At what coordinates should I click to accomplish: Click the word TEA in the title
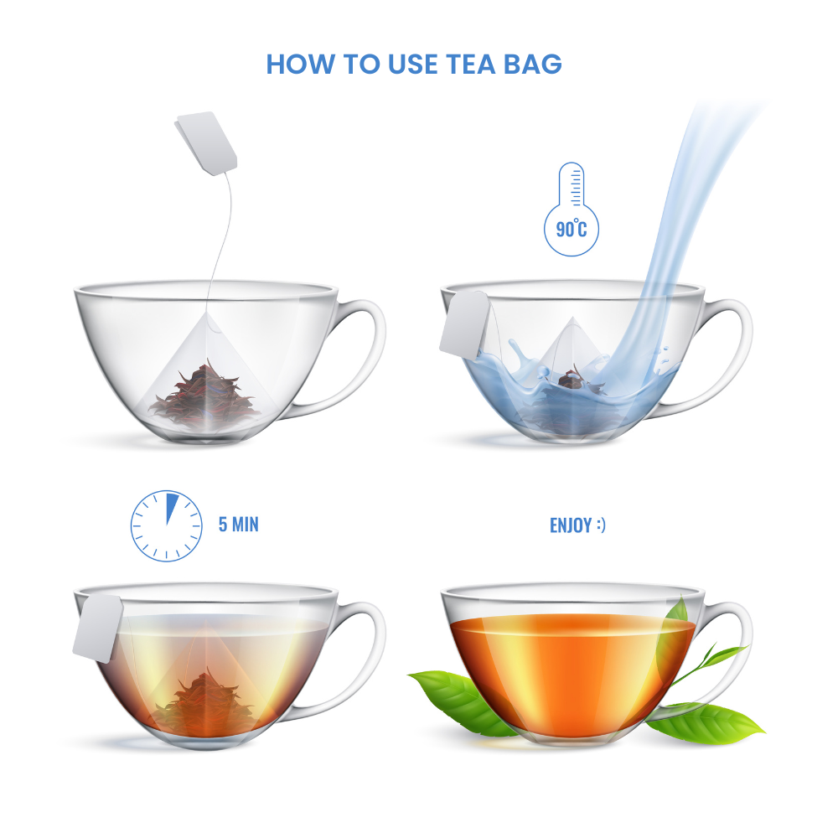[471, 65]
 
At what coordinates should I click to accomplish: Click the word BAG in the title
[533, 65]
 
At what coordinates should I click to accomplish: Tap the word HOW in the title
[300, 65]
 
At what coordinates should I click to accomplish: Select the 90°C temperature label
[572, 230]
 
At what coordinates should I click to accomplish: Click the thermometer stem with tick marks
[572, 185]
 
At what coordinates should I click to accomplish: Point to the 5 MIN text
[238, 525]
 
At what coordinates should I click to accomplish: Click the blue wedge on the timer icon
[171, 509]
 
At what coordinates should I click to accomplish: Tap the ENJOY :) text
[577, 525]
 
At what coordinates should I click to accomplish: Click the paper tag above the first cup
[206, 142]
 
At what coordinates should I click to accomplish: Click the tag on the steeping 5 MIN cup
[98, 628]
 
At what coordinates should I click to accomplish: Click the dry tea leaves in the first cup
[204, 396]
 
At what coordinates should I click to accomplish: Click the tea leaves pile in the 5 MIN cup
[204, 700]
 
